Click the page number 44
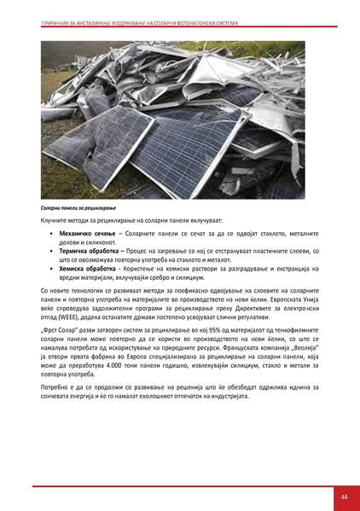[x=343, y=496]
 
